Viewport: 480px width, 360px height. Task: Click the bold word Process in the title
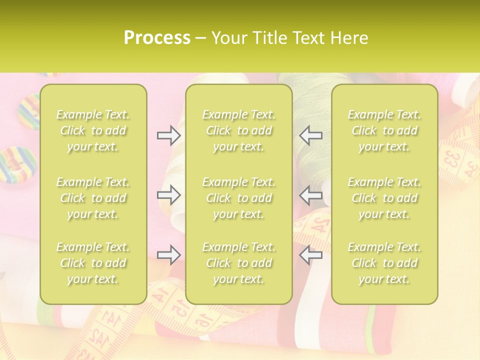coord(157,37)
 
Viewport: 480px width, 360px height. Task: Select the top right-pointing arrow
coord(169,135)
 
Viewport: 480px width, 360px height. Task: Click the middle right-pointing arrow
coord(169,195)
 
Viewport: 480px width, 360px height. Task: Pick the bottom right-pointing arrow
coord(169,255)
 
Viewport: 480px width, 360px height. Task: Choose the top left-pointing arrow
coord(310,135)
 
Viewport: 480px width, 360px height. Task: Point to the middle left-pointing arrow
coord(310,195)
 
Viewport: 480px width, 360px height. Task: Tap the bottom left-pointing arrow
coord(310,255)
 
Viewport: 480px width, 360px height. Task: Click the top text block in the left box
coord(93,130)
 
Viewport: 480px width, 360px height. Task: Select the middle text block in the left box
coord(93,198)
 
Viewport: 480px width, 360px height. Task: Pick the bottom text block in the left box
coord(93,263)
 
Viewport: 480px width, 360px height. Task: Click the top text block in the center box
coord(239,130)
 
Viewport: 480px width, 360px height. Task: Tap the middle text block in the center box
coord(239,198)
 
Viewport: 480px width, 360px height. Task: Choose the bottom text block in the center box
coord(239,263)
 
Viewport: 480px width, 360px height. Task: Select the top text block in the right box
coord(384,130)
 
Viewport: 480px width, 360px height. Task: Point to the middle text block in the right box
coord(384,198)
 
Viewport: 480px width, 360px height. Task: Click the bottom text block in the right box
coord(384,263)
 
